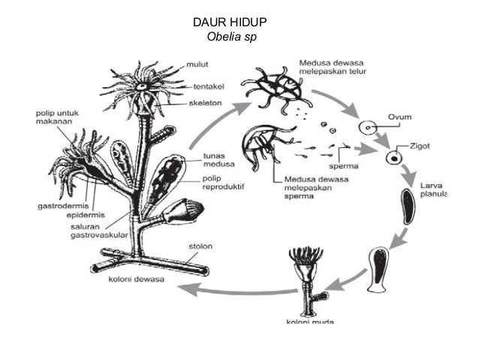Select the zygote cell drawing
click(392, 157)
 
